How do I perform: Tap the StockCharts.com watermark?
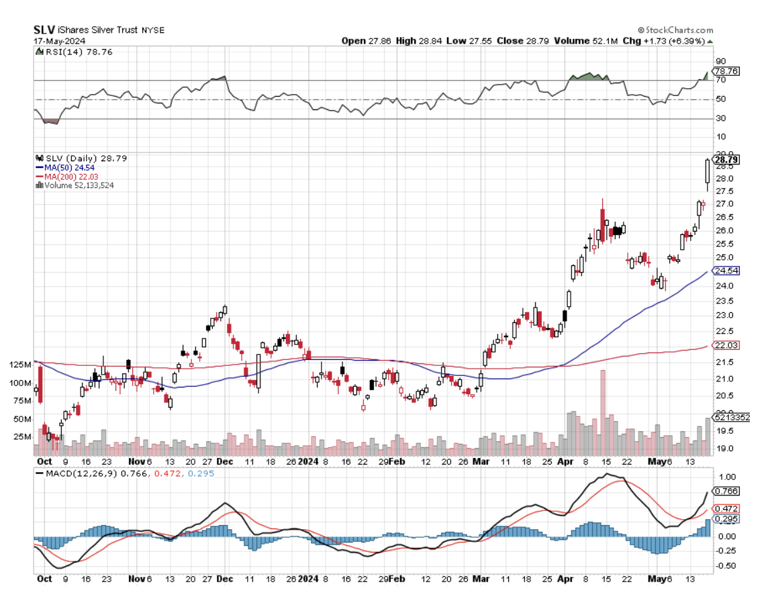click(677, 30)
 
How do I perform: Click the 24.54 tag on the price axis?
click(726, 271)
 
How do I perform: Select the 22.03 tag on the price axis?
click(726, 344)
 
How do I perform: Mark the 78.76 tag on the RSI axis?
click(726, 71)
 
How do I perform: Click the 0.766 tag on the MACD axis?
click(726, 491)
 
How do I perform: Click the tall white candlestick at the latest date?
click(707, 172)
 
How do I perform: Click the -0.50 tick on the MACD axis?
click(724, 565)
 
